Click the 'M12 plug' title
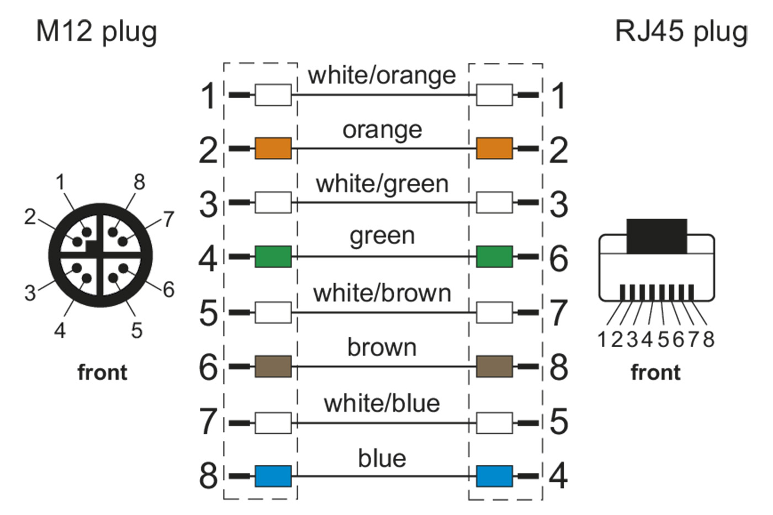[96, 31]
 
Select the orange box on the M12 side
[273, 148]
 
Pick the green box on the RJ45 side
[494, 257]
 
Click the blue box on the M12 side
[273, 476]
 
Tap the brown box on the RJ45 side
[494, 366]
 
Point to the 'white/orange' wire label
[382, 75]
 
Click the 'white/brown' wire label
[382, 293]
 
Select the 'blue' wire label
[382, 458]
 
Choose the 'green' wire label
[382, 236]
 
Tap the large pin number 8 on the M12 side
[208, 475]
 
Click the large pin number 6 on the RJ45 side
[559, 258]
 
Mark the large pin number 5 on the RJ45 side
[559, 422]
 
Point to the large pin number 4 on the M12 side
[208, 258]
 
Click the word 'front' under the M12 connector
[102, 373]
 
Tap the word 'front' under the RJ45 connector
[655, 373]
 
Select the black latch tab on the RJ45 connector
[656, 236]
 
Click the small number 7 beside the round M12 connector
[168, 219]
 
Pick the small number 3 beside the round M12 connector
[30, 293]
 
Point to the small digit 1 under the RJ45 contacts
[603, 339]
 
